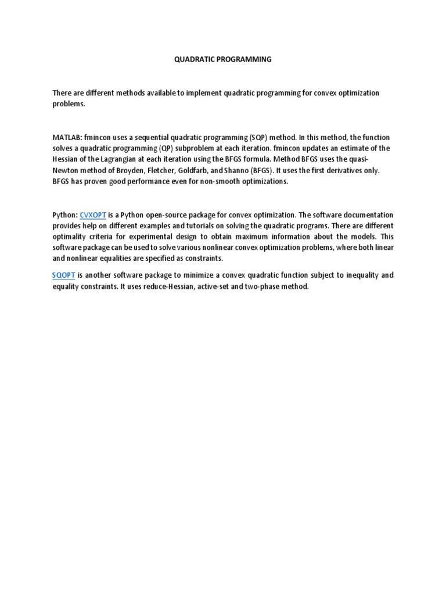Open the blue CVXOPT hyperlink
coord(92,215)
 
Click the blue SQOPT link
coord(64,275)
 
